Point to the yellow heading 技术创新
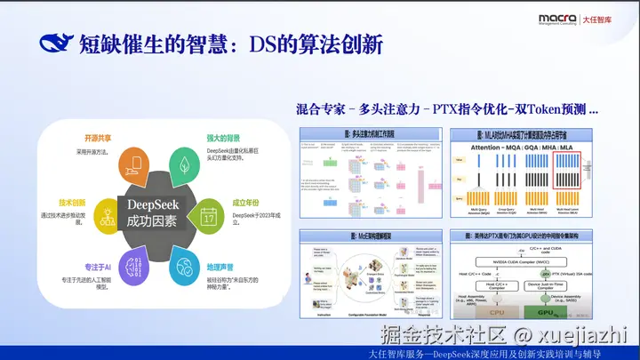pyautogui.click(x=73, y=203)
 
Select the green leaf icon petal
pyautogui.click(x=184, y=165)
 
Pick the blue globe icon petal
pyautogui.click(x=184, y=265)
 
